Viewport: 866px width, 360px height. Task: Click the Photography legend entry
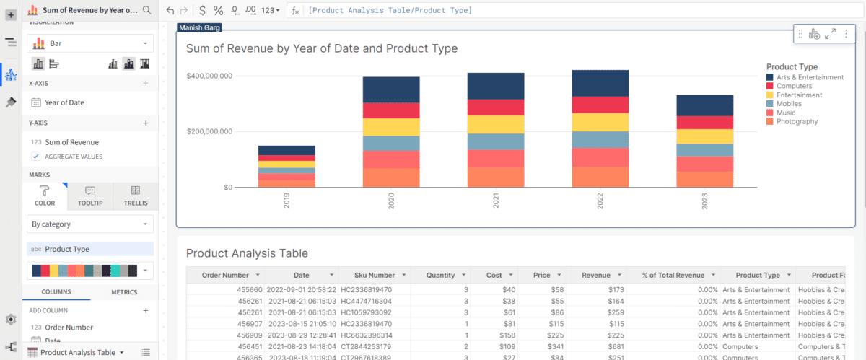pos(797,122)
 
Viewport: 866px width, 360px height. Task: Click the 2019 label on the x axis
pos(287,201)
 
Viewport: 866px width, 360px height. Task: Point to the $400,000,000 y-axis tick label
pos(209,76)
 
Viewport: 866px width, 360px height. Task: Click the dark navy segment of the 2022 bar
pos(600,83)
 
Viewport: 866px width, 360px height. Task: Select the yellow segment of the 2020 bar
pos(391,127)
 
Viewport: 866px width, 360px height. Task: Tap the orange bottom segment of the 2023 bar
pos(705,180)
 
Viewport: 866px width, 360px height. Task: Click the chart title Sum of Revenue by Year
pos(322,48)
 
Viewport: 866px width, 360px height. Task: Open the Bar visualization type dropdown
pos(90,43)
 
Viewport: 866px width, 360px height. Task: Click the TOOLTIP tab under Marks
pos(90,196)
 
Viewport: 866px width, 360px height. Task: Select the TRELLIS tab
pos(135,196)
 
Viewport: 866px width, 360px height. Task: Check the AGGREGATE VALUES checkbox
pos(36,157)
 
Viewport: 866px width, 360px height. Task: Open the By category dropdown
pos(90,224)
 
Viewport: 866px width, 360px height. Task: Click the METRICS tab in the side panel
pos(124,292)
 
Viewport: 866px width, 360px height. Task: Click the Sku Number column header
pos(375,275)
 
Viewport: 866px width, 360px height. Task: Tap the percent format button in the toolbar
pos(218,10)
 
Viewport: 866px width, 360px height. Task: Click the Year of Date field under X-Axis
pos(64,102)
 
